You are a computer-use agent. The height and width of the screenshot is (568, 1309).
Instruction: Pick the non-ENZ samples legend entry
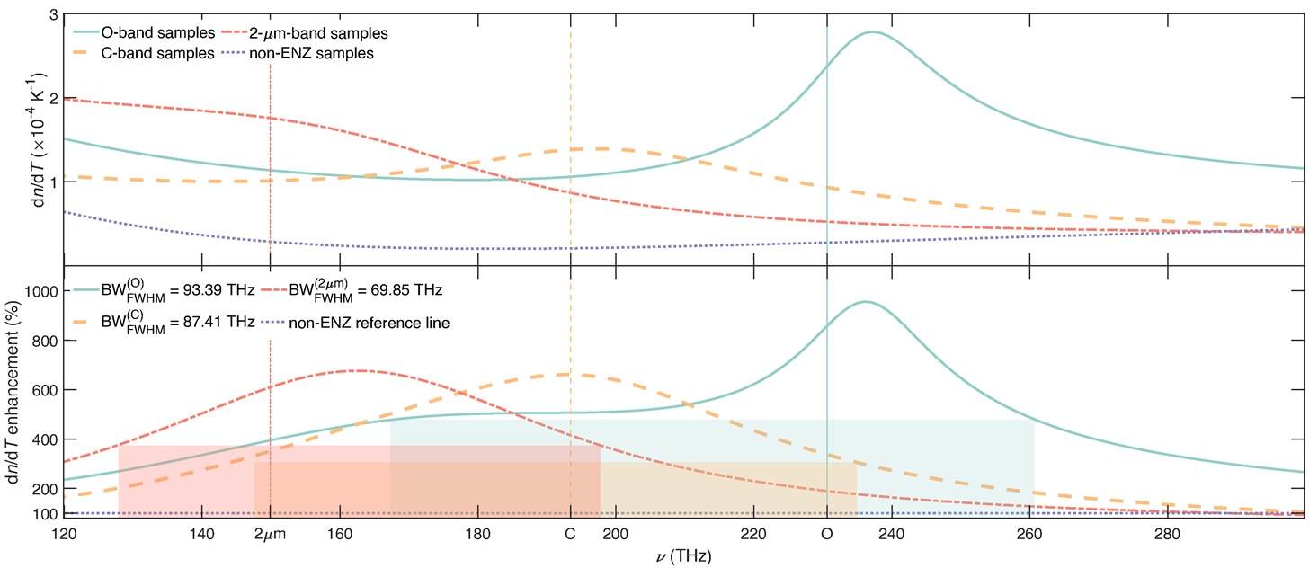click(x=324, y=53)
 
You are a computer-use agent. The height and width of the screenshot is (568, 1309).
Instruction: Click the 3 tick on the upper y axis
click(x=54, y=16)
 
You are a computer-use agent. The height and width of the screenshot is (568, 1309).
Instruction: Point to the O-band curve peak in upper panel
click(x=871, y=32)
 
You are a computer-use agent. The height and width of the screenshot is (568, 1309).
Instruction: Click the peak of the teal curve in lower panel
click(x=865, y=302)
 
